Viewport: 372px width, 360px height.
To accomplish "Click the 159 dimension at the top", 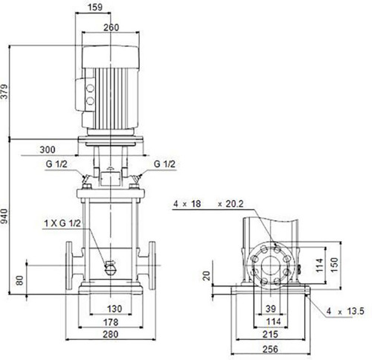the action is pyautogui.click(x=95, y=7).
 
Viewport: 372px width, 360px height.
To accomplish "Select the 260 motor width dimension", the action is pyautogui.click(x=111, y=28).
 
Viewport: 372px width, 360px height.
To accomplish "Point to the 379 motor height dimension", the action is pyautogui.click(x=4, y=91).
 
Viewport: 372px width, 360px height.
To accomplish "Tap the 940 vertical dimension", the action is pyautogui.click(x=4, y=216).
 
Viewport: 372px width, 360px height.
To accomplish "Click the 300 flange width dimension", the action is pyautogui.click(x=48, y=150).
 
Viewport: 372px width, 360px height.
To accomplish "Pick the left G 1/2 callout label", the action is pyautogui.click(x=57, y=164).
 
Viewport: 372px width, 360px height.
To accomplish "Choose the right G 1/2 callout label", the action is pyautogui.click(x=164, y=164).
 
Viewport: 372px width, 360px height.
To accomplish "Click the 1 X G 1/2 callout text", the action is pyautogui.click(x=62, y=223).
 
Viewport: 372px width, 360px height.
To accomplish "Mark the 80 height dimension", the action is pyautogui.click(x=19, y=280).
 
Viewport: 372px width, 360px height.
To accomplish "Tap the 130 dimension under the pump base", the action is pyautogui.click(x=115, y=309).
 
